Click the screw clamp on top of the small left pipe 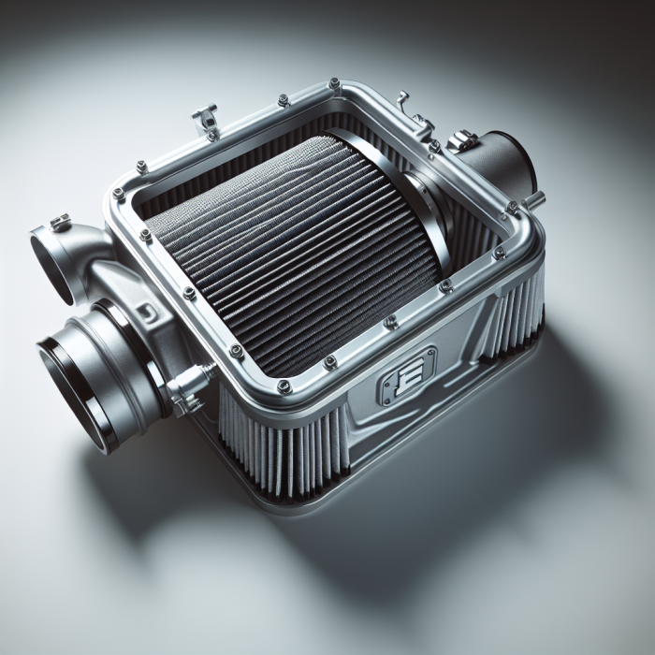click(60, 223)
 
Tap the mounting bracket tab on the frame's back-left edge click(205, 118)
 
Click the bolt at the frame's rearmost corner click(334, 84)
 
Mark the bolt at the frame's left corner click(119, 194)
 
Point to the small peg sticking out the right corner click(535, 198)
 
